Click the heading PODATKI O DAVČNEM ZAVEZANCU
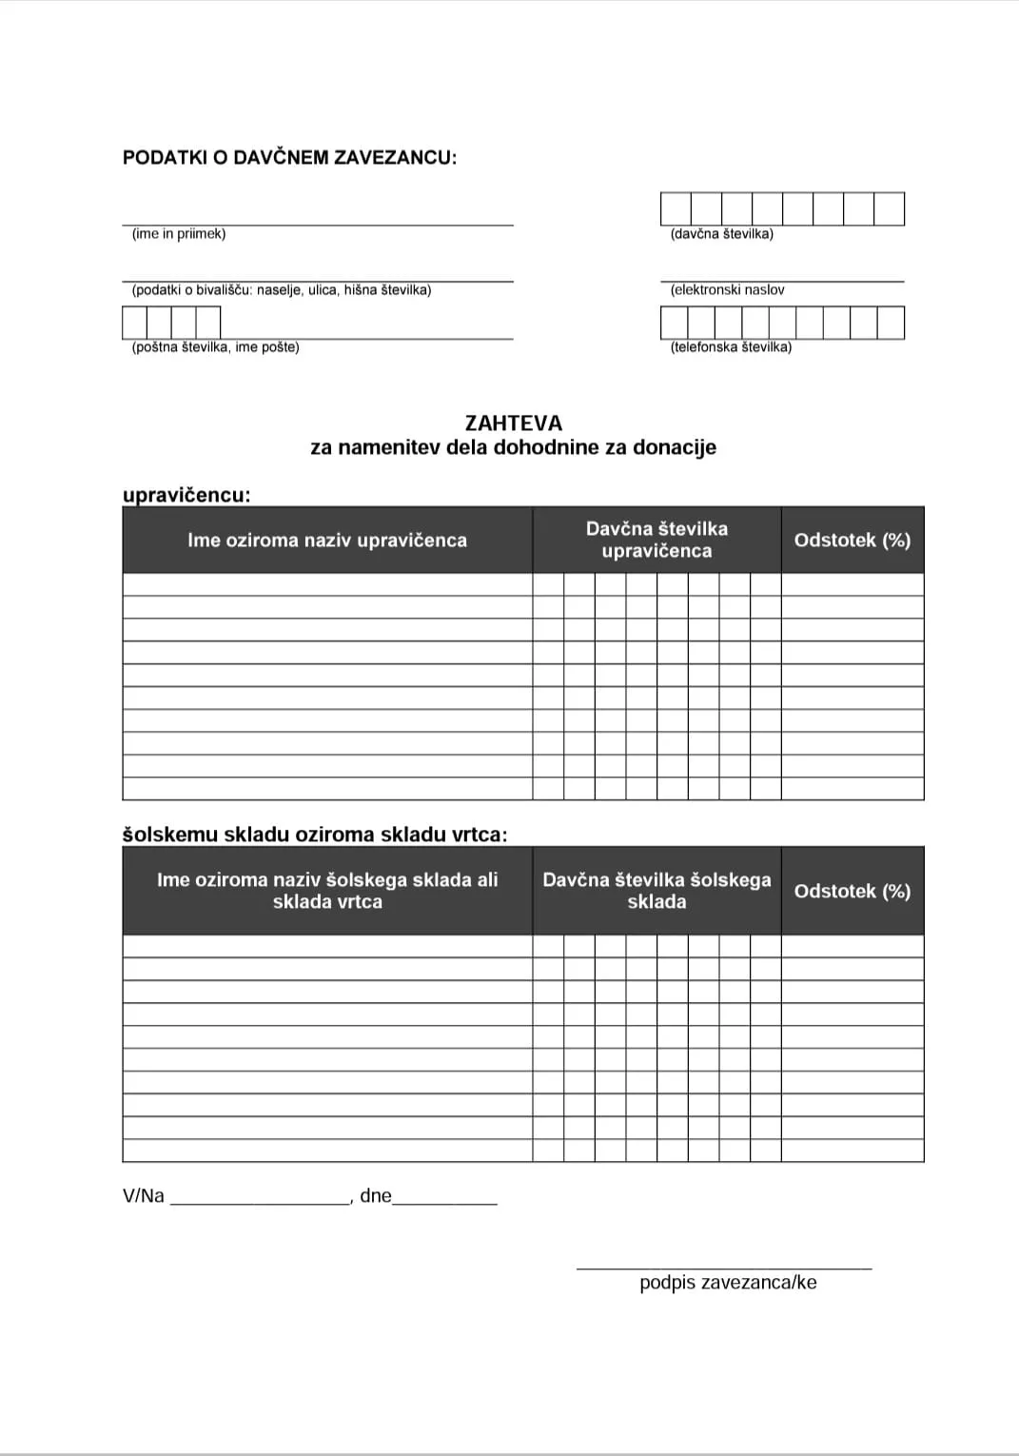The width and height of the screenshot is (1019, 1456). tap(289, 158)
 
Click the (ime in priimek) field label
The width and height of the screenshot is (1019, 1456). tap(179, 234)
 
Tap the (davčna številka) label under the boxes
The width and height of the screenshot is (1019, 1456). tap(721, 234)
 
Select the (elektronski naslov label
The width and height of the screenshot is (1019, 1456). tap(727, 290)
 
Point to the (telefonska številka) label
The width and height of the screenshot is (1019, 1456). tap(731, 347)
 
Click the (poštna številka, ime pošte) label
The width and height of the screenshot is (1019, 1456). tap(215, 347)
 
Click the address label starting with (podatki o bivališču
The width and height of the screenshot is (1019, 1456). tap(282, 290)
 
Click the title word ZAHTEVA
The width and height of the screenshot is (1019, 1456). tap(514, 423)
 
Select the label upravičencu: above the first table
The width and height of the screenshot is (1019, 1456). tap(186, 495)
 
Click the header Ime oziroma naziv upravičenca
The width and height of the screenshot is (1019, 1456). tap(327, 541)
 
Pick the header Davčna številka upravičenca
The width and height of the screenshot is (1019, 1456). tap(656, 540)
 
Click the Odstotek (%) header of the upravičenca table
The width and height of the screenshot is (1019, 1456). tap(852, 541)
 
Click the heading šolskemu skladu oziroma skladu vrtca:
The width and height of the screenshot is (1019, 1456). tap(315, 835)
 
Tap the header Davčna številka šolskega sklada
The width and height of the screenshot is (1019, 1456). tap(656, 891)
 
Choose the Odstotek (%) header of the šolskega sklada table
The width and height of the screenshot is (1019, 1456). tap(852, 892)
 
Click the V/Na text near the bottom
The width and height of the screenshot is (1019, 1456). tap(144, 1196)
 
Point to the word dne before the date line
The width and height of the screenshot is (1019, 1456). tap(376, 1196)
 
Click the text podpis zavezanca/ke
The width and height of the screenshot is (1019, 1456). tap(728, 1283)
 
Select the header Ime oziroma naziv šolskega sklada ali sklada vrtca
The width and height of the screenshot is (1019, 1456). tap(327, 891)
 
